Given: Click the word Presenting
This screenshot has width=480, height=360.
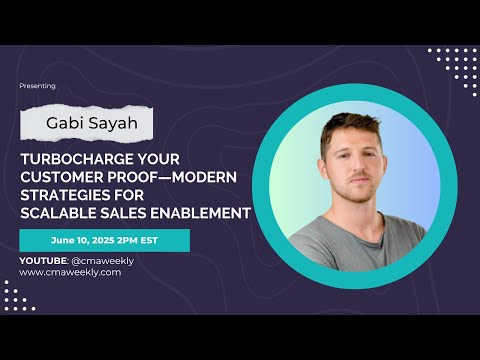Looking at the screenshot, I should point(37,86).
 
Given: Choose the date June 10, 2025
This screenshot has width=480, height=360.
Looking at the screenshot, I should point(84,241).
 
